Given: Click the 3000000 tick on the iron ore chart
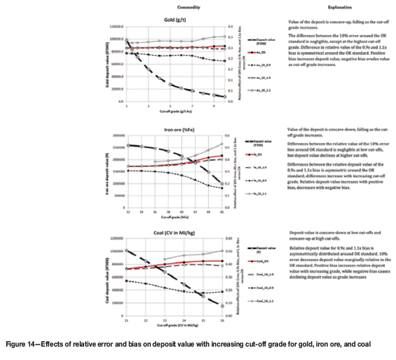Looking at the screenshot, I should click(116, 134).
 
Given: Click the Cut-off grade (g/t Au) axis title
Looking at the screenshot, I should click(175, 112).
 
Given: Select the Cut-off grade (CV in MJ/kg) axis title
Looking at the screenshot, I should click(175, 326).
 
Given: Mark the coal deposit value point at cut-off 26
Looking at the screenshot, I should click(223, 305).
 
